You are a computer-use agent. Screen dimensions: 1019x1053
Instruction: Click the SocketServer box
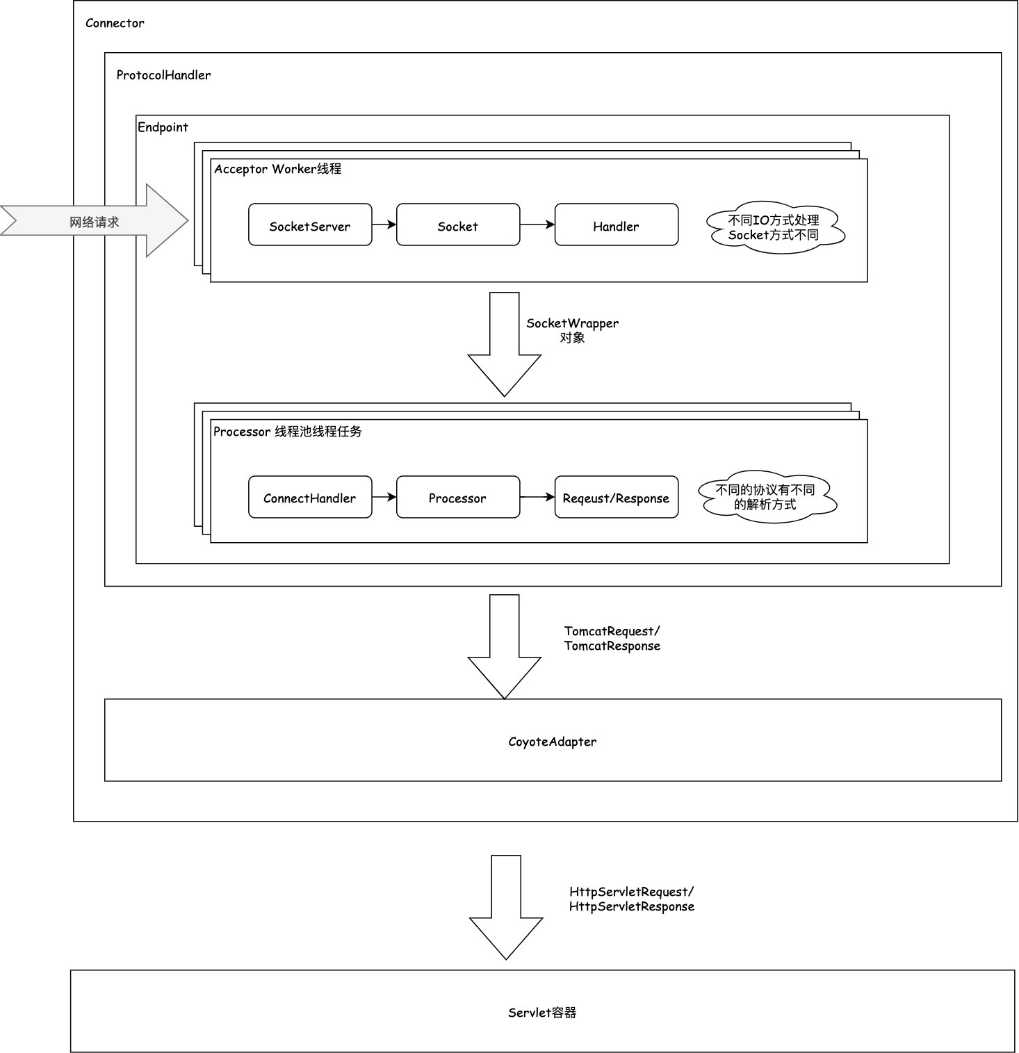(x=310, y=225)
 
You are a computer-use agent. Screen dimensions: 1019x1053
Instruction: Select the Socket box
(x=458, y=225)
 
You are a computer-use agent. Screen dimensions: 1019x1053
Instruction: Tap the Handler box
(x=617, y=225)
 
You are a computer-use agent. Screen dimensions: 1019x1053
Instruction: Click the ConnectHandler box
(x=310, y=497)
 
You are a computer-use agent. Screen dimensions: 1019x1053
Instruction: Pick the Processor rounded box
(x=458, y=497)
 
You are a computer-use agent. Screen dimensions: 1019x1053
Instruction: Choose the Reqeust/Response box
(x=617, y=497)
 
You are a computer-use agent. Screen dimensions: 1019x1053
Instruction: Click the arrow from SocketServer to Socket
(x=384, y=225)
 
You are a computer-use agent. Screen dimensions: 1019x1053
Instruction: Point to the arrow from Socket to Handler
(x=537, y=225)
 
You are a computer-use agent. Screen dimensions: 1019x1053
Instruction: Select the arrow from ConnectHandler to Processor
(x=384, y=497)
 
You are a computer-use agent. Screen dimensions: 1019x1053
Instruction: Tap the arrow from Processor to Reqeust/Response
(x=537, y=497)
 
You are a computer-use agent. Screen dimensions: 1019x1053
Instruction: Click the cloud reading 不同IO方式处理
(x=775, y=228)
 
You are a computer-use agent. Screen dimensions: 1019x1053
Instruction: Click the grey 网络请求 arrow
(x=95, y=221)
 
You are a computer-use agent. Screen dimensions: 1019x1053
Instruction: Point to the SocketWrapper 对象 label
(x=573, y=330)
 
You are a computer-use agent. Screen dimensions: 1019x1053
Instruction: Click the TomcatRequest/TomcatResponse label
(x=612, y=638)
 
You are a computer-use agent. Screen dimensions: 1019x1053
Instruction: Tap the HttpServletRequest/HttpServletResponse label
(x=632, y=899)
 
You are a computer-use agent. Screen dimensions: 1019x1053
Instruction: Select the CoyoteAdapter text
(x=553, y=742)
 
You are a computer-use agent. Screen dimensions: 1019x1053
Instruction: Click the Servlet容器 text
(x=542, y=1013)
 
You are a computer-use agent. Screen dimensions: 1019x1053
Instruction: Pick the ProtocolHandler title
(x=163, y=75)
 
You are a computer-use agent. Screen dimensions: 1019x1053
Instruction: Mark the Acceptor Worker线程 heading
(x=278, y=169)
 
